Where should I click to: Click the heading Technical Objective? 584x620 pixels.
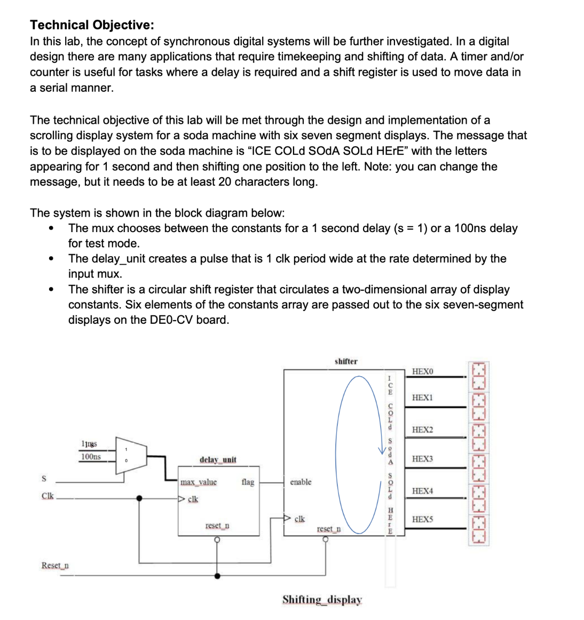pos(92,25)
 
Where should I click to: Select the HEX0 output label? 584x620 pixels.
pos(423,371)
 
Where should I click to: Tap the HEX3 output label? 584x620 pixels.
pos(423,459)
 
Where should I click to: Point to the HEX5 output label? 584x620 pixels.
pos(423,519)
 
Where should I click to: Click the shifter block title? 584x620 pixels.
pos(346,362)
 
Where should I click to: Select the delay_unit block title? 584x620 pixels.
pos(218,460)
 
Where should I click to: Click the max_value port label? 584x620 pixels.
pos(199,482)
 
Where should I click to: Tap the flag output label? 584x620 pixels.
pos(248,482)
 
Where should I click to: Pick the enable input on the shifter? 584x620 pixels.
pos(301,482)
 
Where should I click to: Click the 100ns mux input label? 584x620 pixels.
pos(91,457)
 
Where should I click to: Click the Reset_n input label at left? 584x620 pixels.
pos(55,566)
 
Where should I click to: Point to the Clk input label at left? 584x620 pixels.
pos(48,496)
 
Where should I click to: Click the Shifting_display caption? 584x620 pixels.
pos(322,600)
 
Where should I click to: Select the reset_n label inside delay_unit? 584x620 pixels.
pos(217,526)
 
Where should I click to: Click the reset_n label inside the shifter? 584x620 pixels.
pos(329,529)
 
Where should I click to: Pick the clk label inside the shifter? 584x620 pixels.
pos(300,519)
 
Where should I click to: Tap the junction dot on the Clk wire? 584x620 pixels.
pos(139,498)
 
